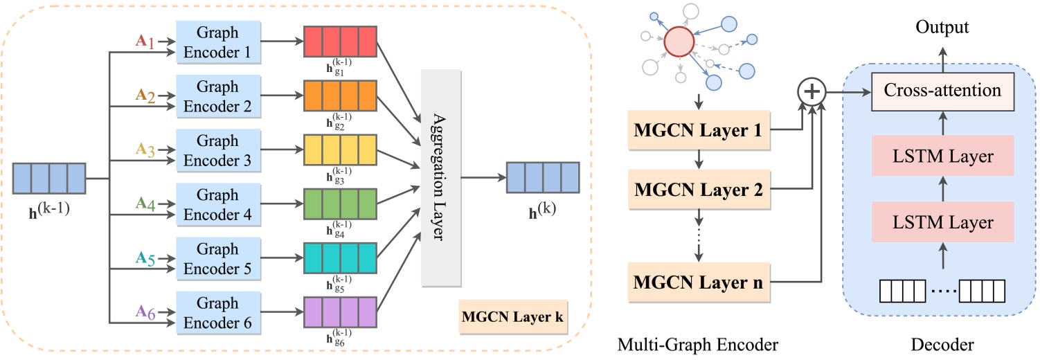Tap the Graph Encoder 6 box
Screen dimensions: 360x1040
click(217, 312)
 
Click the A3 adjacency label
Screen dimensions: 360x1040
click(145, 148)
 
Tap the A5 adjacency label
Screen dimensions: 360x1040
click(145, 258)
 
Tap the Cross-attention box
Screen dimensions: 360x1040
click(942, 91)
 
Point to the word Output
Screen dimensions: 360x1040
click(942, 27)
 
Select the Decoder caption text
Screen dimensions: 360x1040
click(942, 343)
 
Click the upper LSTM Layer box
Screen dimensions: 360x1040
click(942, 156)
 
